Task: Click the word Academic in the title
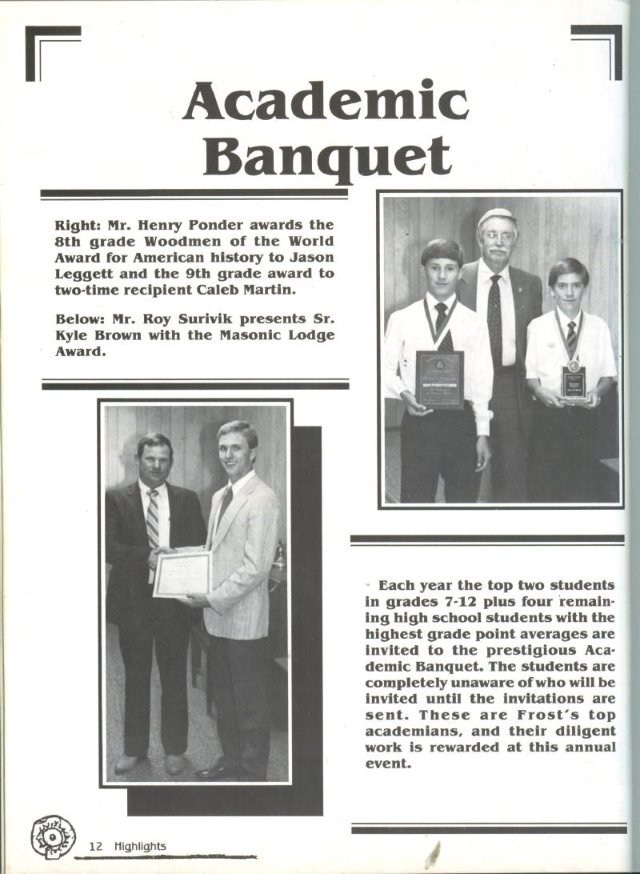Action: coord(325,102)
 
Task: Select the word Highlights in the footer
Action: coord(140,846)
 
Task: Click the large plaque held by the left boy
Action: coord(439,378)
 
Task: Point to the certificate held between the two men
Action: coord(182,573)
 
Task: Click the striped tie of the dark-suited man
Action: coord(152,520)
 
